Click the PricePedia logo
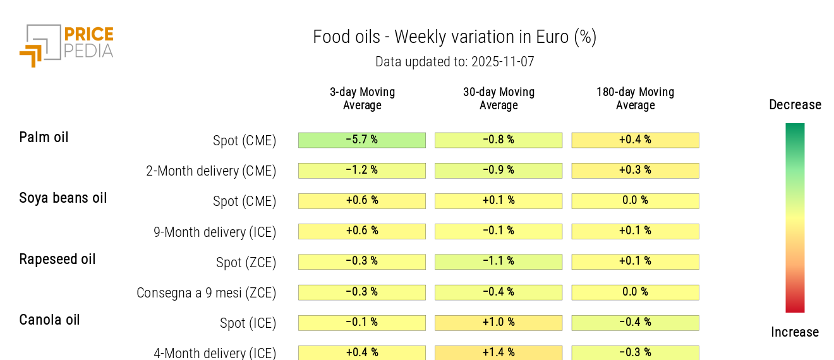[x=66, y=44]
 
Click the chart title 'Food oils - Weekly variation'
[x=454, y=37]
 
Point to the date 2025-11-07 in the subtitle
[x=502, y=62]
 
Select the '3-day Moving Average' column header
[x=362, y=99]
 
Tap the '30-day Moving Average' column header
[x=499, y=99]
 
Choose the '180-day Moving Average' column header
[x=635, y=99]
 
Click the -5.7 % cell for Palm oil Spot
[x=362, y=140]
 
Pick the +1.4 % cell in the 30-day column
[x=499, y=352]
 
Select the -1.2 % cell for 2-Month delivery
[x=362, y=171]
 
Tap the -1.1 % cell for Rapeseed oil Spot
[x=499, y=261]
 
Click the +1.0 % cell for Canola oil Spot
[x=499, y=322]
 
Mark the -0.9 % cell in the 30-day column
[x=499, y=171]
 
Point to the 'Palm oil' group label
[x=44, y=137]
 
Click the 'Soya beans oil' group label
[x=63, y=198]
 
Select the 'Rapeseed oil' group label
[x=57, y=259]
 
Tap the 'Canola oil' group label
[x=49, y=320]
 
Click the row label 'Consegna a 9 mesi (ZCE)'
[x=206, y=293]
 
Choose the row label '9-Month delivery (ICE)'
[x=215, y=232]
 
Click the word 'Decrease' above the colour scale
[x=795, y=105]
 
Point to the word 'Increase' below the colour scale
[x=795, y=332]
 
